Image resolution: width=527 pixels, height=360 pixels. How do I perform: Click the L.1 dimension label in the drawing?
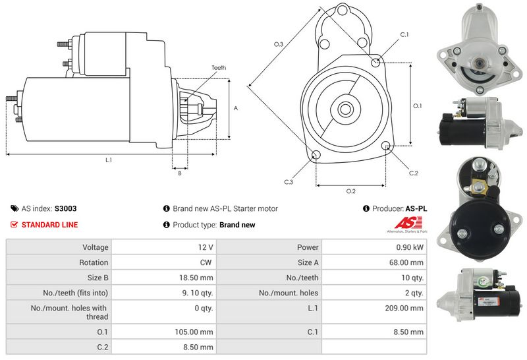click(109, 160)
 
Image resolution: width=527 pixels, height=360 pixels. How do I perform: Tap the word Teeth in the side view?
click(219, 68)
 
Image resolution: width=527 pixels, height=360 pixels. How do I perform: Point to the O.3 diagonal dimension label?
click(279, 44)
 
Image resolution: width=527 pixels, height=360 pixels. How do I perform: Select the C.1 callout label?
click(404, 34)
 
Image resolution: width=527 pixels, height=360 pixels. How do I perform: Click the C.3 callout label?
click(289, 181)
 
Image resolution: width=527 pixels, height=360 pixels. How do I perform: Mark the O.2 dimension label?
click(351, 191)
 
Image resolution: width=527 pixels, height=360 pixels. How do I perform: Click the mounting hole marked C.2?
click(387, 146)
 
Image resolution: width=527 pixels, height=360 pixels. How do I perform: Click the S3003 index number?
click(66, 208)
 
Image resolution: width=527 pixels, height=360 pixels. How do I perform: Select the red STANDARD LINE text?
click(49, 225)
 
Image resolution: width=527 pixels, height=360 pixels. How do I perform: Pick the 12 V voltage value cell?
click(206, 247)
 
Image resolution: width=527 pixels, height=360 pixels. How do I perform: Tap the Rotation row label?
click(95, 262)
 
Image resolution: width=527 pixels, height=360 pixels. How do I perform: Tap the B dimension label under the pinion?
click(180, 173)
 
